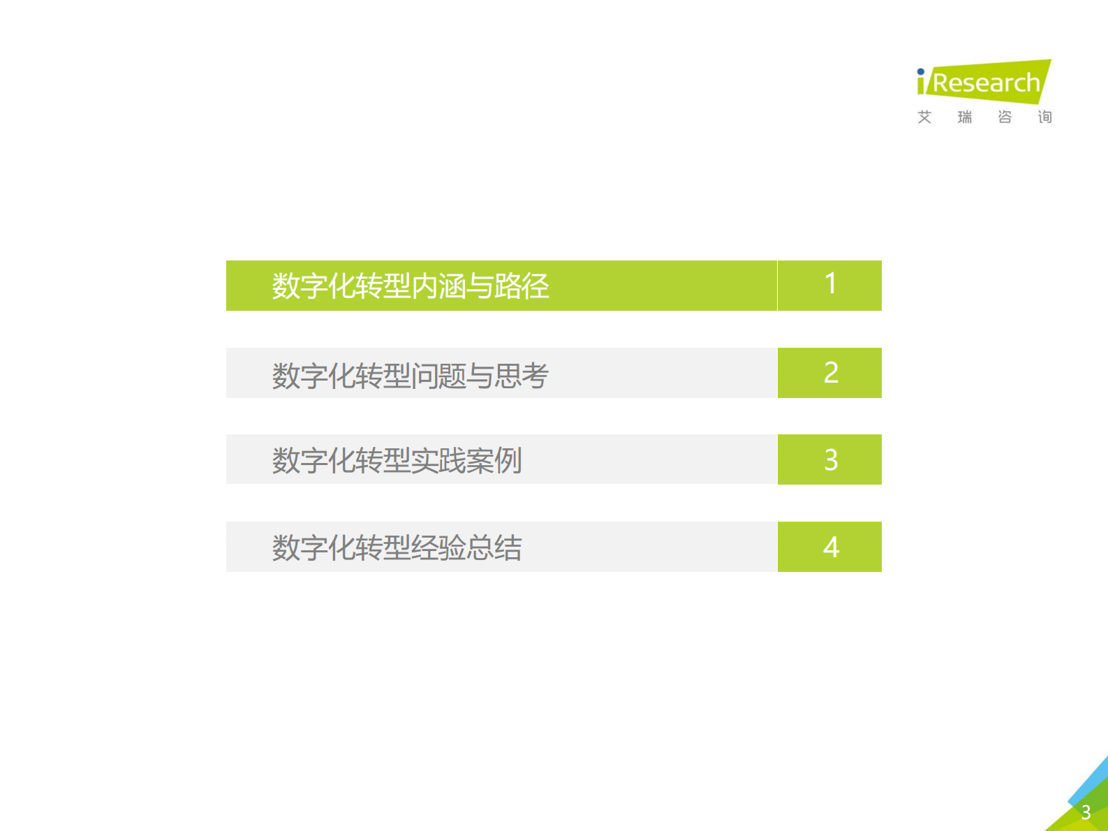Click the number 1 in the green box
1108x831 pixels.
(x=830, y=284)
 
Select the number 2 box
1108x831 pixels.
(x=830, y=373)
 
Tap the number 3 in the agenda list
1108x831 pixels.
(x=830, y=460)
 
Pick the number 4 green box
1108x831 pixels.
(x=830, y=547)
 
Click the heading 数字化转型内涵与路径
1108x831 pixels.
(x=411, y=286)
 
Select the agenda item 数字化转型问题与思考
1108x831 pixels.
(x=411, y=376)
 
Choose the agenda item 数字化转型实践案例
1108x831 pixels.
(x=397, y=461)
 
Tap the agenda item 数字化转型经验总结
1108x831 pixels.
(x=397, y=548)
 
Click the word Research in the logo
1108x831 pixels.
(x=986, y=83)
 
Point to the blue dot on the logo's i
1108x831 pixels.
(x=921, y=71)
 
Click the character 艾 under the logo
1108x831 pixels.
(x=924, y=117)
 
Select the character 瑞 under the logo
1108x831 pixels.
(x=965, y=117)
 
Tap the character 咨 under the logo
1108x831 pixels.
(x=1005, y=117)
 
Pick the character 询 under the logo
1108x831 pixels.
(x=1044, y=117)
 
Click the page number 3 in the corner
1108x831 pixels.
(x=1086, y=813)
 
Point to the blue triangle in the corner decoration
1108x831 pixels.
(x=1093, y=779)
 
